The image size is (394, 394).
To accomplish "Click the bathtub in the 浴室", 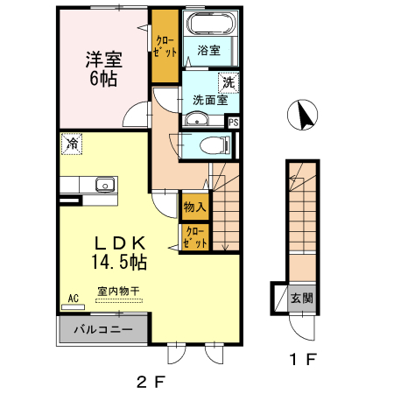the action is [211, 24].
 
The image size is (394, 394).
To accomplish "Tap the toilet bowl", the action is [215, 144].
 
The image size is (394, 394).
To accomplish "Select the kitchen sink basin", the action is [105, 185].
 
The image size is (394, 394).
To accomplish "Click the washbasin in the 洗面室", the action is [197, 119].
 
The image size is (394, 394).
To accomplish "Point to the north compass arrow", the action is [305, 115].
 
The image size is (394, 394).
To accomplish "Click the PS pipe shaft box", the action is [234, 123].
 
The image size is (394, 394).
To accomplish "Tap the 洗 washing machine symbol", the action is [229, 82].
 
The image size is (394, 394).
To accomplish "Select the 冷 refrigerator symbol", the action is [72, 144].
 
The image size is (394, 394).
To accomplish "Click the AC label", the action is [74, 299].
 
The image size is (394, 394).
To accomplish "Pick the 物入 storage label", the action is [195, 207].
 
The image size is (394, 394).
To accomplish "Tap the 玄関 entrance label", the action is [302, 299].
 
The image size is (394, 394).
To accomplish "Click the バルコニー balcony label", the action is [103, 330].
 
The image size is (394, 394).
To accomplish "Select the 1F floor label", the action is [303, 359].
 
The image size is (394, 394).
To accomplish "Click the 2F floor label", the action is [151, 382].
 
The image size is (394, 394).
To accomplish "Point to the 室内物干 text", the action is [118, 291].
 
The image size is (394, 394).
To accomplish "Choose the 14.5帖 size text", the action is [119, 262].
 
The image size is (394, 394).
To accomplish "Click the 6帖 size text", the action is [103, 79].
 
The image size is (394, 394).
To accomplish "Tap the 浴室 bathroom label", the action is [209, 50].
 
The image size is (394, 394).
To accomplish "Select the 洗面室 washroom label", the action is [210, 100].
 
